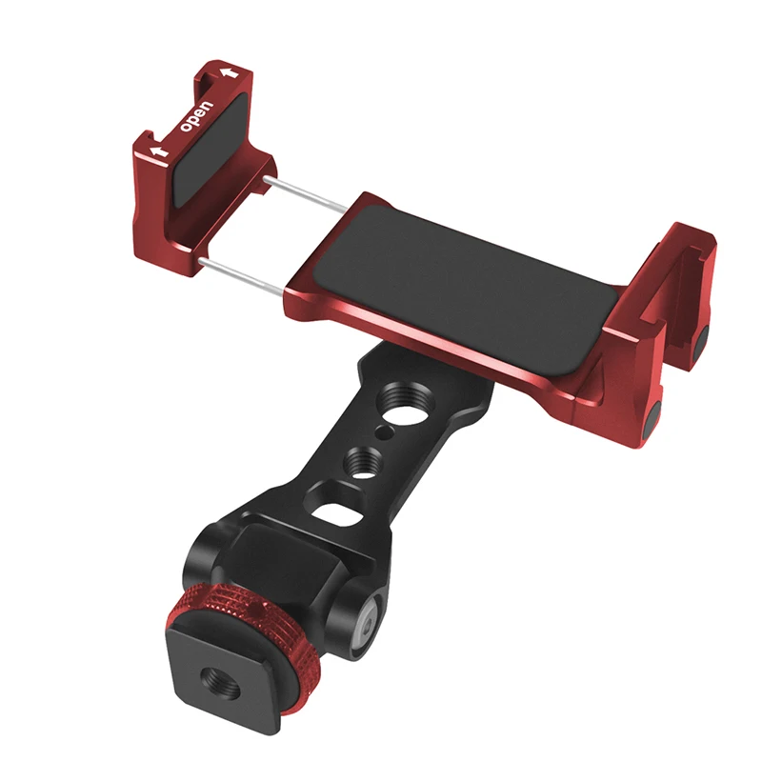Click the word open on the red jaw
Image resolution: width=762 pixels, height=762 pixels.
pyautogui.click(x=196, y=116)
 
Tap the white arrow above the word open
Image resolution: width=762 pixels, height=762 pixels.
pyautogui.click(x=230, y=73)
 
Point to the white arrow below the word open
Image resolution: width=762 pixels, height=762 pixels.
pyautogui.click(x=159, y=151)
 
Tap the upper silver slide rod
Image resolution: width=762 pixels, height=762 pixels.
pyautogui.click(x=305, y=194)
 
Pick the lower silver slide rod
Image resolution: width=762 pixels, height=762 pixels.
pyautogui.click(x=242, y=277)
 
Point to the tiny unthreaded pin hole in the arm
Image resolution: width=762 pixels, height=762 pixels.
pyautogui.click(x=385, y=431)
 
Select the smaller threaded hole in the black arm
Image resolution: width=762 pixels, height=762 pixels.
pyautogui.click(x=364, y=458)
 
